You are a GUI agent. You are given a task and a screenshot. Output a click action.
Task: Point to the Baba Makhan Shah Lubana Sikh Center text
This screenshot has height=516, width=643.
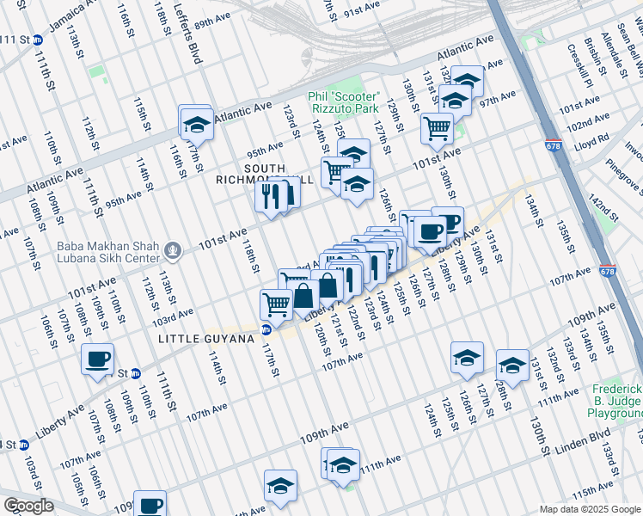pos(108,251)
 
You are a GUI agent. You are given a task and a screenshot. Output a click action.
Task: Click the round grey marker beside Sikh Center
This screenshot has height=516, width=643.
pos(174,251)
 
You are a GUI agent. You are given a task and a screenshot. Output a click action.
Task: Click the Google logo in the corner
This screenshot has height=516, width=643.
pos(28,506)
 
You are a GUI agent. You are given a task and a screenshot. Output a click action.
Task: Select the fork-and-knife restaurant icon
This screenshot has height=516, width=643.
pos(271,197)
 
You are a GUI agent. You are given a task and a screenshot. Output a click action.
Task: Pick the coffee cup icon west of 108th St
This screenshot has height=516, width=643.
pos(97,359)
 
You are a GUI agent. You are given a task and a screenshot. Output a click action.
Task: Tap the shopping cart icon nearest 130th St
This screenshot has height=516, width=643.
pos(437,129)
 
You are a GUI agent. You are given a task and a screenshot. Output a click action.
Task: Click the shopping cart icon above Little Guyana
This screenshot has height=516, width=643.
pos(276,304)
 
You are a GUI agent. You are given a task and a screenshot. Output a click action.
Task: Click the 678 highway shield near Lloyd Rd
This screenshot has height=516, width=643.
pos(553,147)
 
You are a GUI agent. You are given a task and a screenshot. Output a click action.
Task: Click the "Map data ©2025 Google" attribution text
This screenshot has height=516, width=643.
pos(589,509)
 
